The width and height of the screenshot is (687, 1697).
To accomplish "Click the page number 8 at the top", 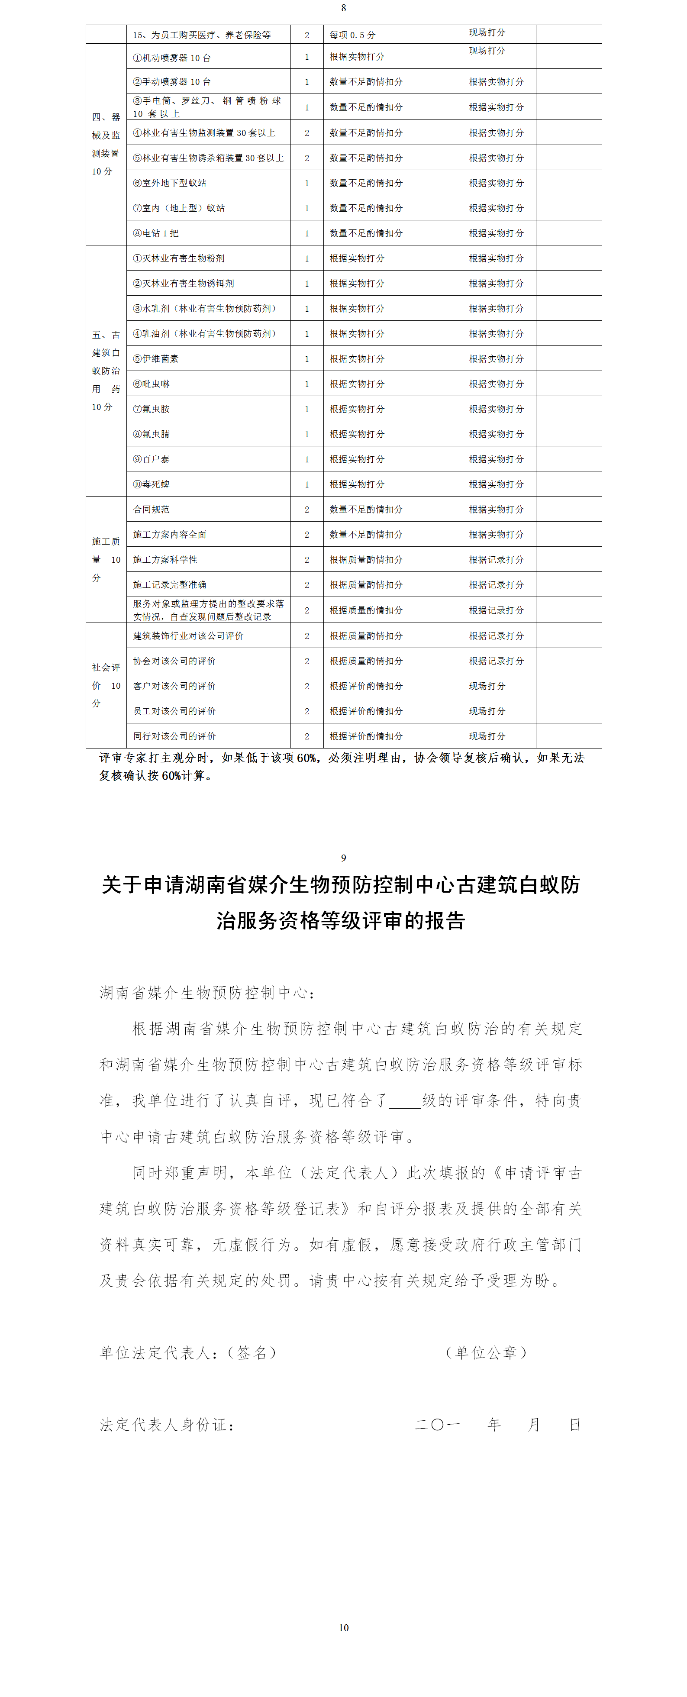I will pos(343,8).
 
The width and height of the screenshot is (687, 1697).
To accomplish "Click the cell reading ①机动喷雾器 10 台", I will pos(172,58).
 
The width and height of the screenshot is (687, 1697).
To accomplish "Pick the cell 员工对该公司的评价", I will pos(174,711).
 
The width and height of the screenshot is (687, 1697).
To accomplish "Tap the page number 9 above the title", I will pos(343,858).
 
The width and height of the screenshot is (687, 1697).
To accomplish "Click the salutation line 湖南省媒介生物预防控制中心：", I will pos(207,993).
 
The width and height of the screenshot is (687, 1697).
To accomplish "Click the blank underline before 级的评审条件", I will pos(405,1101).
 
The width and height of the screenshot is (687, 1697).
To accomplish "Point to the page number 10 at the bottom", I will pos(343,1627).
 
